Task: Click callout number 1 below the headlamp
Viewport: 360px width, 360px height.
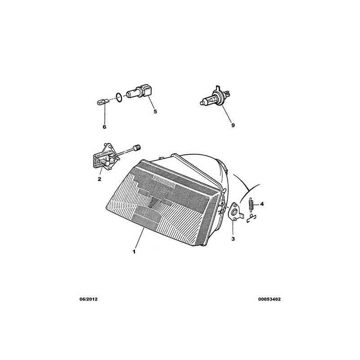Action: (134, 252)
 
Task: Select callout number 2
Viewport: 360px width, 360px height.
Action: (99, 179)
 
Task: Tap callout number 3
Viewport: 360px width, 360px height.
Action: (233, 239)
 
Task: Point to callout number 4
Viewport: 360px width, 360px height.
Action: (262, 204)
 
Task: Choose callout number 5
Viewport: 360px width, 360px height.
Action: (155, 112)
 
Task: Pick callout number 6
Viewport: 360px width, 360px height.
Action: (104, 127)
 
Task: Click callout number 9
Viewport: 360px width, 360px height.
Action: (233, 126)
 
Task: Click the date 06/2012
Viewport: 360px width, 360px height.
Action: (88, 299)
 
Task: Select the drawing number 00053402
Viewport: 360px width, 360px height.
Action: (269, 299)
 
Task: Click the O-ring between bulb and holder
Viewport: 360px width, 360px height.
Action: (119, 97)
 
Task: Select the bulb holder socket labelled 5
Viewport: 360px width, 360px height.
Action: (139, 92)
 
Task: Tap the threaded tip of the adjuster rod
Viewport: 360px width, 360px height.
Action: (138, 147)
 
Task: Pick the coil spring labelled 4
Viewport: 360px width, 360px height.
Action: (251, 203)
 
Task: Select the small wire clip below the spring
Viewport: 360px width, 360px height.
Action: (251, 218)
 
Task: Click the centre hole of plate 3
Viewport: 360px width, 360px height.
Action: (234, 211)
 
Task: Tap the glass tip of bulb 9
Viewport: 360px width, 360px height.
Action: (202, 103)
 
